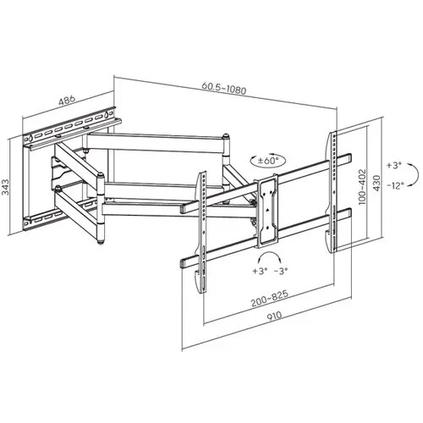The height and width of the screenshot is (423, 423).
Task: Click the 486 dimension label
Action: (x=67, y=100)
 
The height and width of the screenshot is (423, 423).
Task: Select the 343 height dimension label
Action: (x=6, y=187)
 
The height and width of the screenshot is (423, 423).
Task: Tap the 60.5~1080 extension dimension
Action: (x=224, y=88)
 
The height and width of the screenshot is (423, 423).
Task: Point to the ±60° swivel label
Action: (x=268, y=161)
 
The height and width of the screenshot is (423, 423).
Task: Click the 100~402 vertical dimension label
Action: (x=361, y=186)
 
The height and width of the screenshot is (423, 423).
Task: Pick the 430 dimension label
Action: (x=376, y=184)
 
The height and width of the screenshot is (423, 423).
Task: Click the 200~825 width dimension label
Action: (x=270, y=299)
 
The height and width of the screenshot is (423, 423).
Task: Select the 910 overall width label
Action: (x=273, y=316)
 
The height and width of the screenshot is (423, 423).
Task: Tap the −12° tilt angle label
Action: (x=395, y=185)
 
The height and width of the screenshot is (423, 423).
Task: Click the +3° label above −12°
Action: (x=393, y=165)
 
